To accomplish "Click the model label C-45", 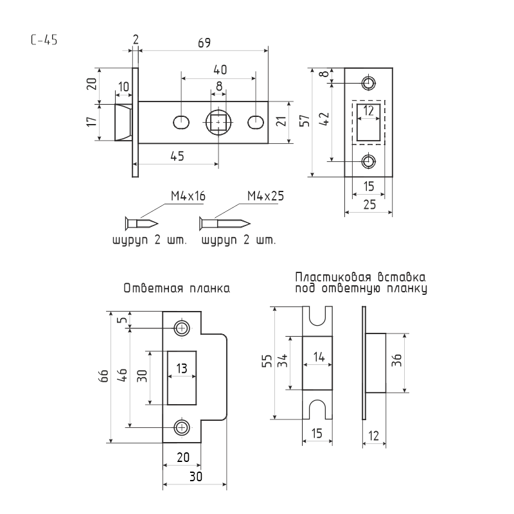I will [44, 40].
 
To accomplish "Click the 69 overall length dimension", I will [204, 43].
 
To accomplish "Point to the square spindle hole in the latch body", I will [219, 121].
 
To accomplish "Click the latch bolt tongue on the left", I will [123, 121].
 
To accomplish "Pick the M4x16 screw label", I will [188, 196].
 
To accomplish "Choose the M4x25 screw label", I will [265, 196].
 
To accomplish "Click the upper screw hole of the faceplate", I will [369, 83].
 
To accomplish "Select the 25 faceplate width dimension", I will [369, 206].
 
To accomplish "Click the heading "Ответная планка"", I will [177, 289].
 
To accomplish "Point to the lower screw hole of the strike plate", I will [182, 427].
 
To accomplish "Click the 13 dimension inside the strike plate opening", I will [182, 368].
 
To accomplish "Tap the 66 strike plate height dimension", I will [103, 377].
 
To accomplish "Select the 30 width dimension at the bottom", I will [195, 476].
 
